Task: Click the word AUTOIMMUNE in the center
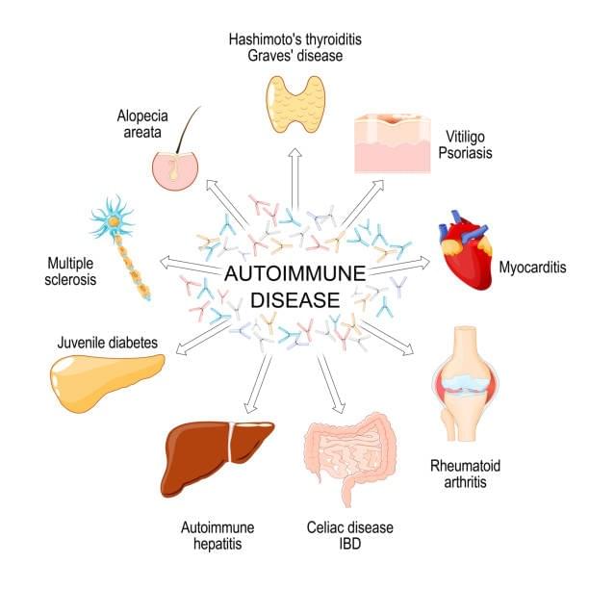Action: [x=294, y=274]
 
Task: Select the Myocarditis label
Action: [x=531, y=267]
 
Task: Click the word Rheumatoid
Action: [x=465, y=467]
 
